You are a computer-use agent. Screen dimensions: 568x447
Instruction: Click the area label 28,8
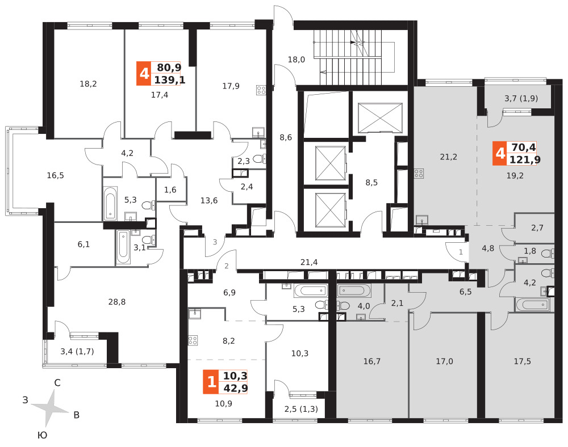tap(117, 302)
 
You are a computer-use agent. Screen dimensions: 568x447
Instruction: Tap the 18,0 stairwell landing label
tap(296, 60)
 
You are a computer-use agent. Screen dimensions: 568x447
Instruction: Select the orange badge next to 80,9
tap(144, 73)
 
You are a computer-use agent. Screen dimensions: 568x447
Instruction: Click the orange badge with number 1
tap(211, 382)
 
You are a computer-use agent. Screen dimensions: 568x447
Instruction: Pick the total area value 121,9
tap(525, 159)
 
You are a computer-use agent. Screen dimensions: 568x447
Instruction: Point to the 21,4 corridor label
tap(309, 262)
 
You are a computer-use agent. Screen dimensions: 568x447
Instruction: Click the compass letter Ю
tap(43, 435)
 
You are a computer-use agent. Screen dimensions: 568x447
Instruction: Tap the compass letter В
tap(77, 415)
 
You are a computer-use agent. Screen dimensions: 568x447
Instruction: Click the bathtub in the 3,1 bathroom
tap(123, 247)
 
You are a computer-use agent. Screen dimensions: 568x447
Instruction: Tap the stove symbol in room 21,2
tap(419, 174)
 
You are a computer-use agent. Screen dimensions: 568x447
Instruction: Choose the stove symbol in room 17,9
tap(261, 90)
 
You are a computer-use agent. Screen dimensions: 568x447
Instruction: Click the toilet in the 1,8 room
tap(548, 254)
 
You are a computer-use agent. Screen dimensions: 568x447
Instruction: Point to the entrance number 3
tap(215, 242)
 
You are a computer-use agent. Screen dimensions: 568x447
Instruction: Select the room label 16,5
tap(56, 175)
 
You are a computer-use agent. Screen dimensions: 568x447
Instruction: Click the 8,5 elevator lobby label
tap(371, 183)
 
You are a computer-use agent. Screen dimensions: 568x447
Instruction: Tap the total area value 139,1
tap(169, 79)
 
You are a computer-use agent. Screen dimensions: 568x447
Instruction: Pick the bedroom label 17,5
tap(523, 361)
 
